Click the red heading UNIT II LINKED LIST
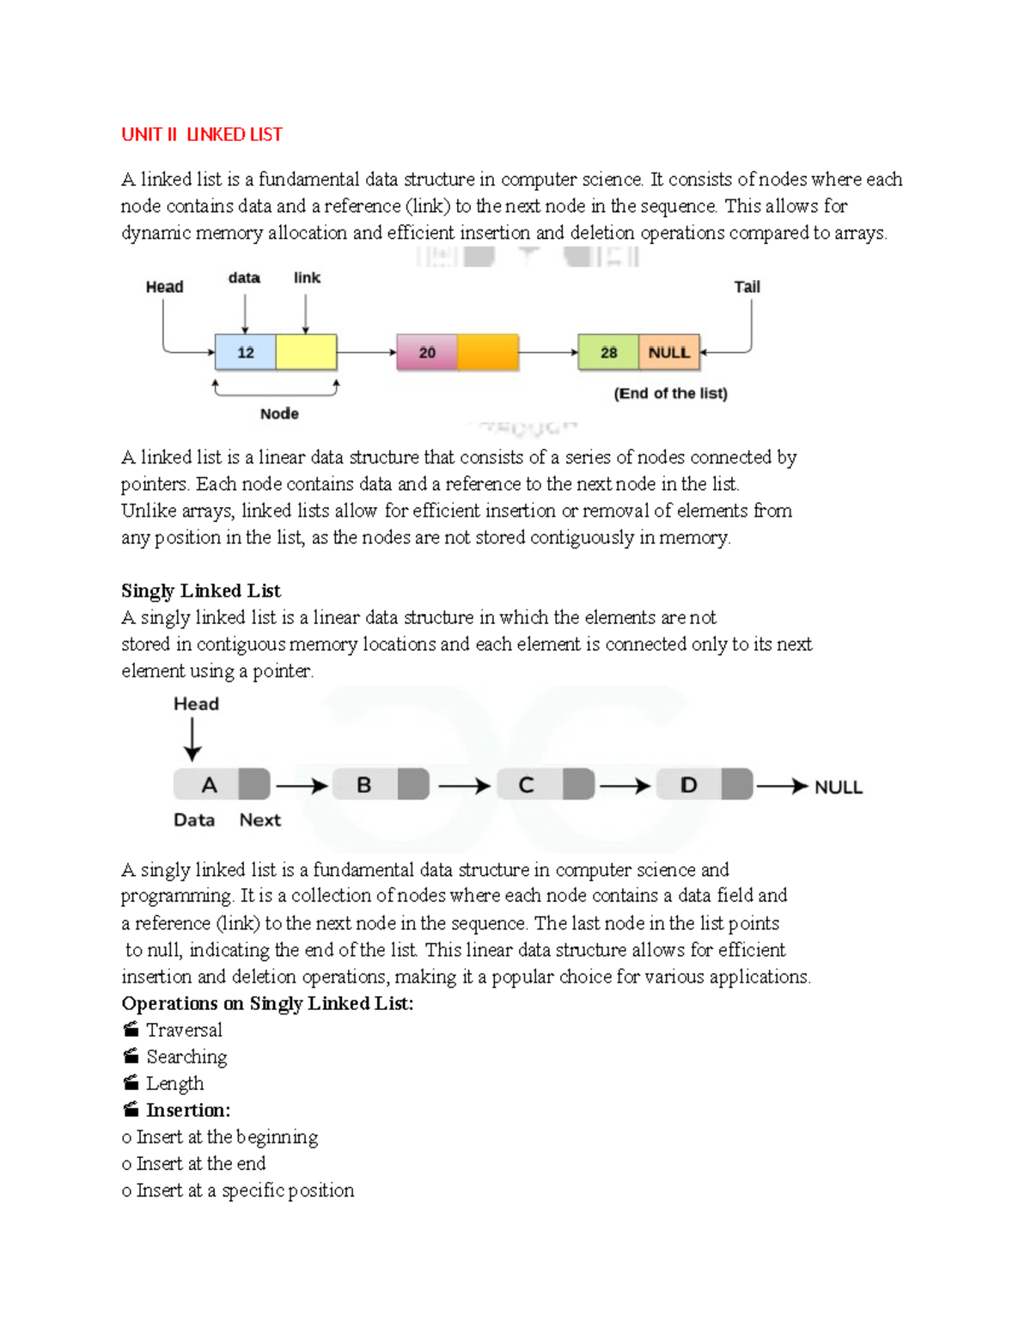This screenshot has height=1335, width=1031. tap(202, 135)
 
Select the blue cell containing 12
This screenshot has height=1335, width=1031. tap(246, 352)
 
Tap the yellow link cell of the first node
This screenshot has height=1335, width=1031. tap(306, 352)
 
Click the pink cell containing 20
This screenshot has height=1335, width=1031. tap(427, 352)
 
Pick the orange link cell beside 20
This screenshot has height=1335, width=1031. tap(488, 352)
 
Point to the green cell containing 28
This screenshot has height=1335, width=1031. tap(608, 352)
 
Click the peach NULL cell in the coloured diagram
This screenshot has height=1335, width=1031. tap(669, 352)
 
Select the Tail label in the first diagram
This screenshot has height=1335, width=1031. tap(747, 287)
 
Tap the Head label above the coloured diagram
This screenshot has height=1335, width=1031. tap(164, 287)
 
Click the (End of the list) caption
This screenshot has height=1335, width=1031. tap(670, 394)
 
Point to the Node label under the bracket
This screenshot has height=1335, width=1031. tap(279, 413)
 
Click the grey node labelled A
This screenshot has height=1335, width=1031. tap(209, 785)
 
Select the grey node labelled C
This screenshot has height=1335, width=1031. tap(527, 785)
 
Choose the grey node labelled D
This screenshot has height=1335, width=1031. tap(688, 785)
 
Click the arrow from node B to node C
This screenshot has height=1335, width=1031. tap(464, 786)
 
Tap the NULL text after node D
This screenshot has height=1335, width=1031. tap(838, 787)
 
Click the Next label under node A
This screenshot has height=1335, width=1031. tap(259, 820)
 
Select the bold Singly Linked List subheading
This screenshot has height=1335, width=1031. tap(201, 591)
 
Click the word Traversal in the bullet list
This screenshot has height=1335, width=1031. tap(184, 1030)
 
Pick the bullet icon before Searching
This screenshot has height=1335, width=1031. tap(131, 1056)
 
